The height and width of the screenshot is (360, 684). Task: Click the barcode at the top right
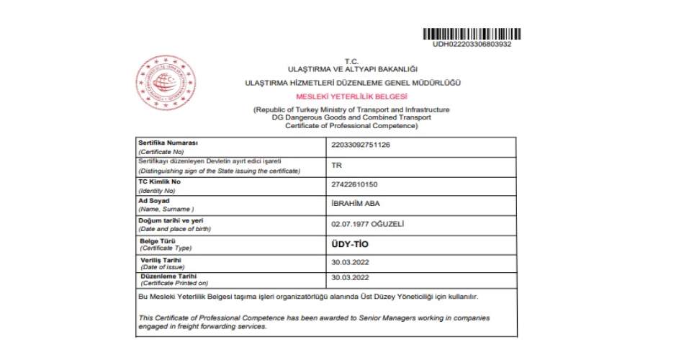(472, 33)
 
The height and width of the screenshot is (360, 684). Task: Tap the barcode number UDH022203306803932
(472, 44)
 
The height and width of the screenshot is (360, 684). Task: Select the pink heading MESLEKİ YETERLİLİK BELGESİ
(351, 96)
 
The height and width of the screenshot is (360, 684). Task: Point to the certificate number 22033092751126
(360, 145)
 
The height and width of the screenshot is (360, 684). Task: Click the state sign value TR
(336, 164)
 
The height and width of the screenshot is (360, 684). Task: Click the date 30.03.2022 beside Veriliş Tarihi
(350, 262)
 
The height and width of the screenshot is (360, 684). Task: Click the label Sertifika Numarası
(168, 143)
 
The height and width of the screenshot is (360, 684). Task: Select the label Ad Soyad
(153, 200)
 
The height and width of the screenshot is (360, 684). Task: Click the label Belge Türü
(156, 240)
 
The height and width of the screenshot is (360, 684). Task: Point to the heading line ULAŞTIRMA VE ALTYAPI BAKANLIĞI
(352, 68)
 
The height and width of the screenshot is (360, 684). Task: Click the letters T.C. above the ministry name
(351, 60)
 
